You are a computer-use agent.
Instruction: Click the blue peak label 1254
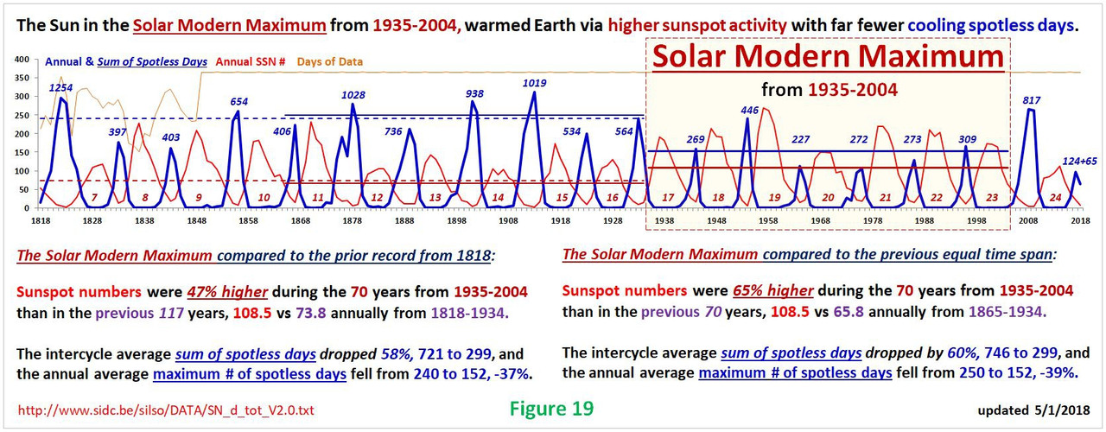(60, 87)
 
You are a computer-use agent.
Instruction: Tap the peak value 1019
(535, 83)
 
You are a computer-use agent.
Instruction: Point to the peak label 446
(749, 110)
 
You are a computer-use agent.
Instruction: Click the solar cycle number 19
(774, 198)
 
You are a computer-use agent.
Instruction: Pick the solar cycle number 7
(93, 198)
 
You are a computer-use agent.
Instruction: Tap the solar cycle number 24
(1055, 198)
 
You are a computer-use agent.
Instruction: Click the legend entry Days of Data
(332, 61)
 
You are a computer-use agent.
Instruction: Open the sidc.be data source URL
(165, 409)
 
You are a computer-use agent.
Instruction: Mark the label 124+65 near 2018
(1066, 161)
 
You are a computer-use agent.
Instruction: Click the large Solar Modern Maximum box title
(828, 58)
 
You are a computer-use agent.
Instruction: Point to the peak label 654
(239, 101)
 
